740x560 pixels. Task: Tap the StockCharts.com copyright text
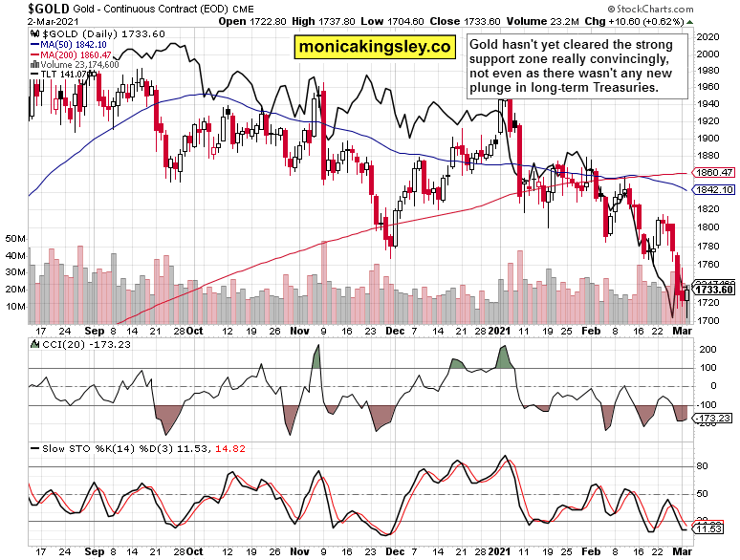pyautogui.click(x=684, y=8)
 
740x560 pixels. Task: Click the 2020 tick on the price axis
pyautogui.click(x=708, y=36)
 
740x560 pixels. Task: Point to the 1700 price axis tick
pyautogui.click(x=708, y=320)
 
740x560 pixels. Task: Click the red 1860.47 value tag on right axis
pyautogui.click(x=714, y=174)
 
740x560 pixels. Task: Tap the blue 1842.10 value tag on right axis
pyautogui.click(x=714, y=190)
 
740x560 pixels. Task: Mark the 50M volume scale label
pyautogui.click(x=16, y=238)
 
